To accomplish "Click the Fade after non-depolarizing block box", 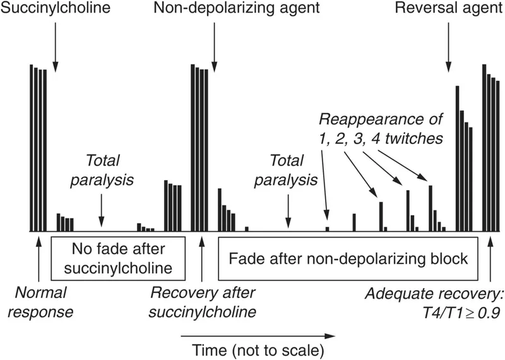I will (x=348, y=258).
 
